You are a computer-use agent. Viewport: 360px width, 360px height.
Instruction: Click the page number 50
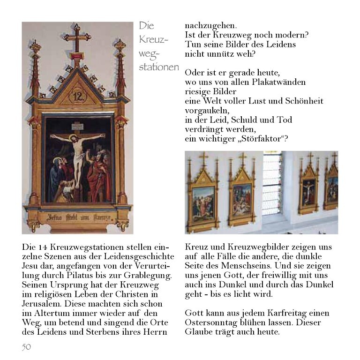(x=26, y=347)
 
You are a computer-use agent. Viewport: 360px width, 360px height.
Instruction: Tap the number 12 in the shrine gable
(x=77, y=97)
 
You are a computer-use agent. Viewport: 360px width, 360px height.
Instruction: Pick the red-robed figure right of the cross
(x=99, y=176)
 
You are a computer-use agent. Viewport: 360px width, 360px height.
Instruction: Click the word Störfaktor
(x=264, y=139)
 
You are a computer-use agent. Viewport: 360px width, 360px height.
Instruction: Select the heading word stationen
(x=158, y=67)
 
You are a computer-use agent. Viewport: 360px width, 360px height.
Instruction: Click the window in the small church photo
(x=271, y=178)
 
